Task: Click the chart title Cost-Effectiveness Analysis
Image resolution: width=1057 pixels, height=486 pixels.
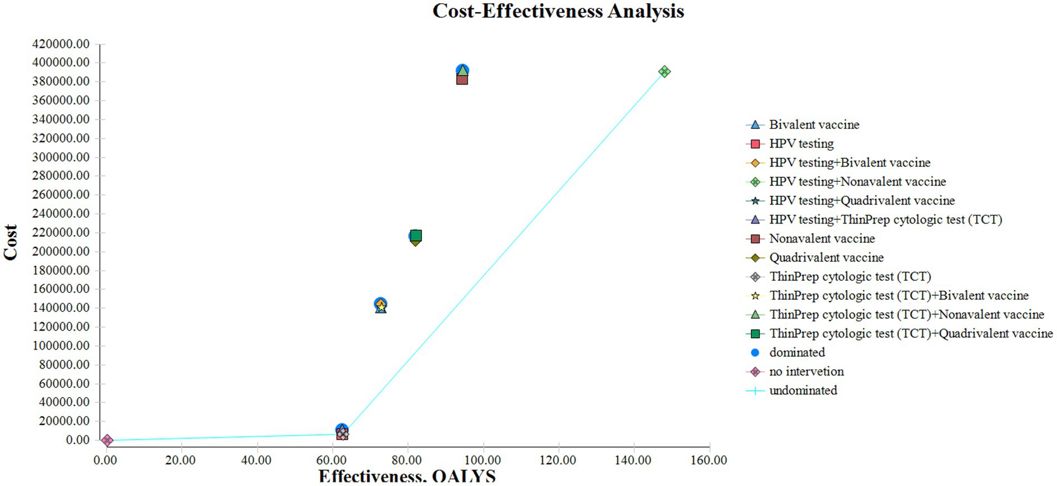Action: pos(558,11)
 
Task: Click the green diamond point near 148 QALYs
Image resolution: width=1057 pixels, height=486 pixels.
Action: pos(664,72)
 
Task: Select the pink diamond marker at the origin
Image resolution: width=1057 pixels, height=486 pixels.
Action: pos(107,440)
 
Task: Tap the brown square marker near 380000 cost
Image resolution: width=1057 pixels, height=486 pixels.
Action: pos(462,80)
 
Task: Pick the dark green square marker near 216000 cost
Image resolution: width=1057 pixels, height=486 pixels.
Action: pos(416,235)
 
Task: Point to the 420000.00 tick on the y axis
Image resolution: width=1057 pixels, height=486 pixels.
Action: pos(61,44)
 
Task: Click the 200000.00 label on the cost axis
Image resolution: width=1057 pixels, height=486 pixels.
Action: pos(61,251)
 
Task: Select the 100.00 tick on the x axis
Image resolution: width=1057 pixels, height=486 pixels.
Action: pos(483,460)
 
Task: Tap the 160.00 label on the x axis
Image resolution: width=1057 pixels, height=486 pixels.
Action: pos(708,460)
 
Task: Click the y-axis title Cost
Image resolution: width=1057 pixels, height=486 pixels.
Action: pos(11,242)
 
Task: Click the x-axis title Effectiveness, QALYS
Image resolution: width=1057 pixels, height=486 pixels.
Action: pos(407,477)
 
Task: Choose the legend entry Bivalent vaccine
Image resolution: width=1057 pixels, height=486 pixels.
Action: pos(814,125)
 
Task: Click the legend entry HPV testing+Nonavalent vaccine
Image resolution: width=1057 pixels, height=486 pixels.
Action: pos(857,182)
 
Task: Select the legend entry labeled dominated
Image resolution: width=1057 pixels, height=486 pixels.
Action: pos(797,353)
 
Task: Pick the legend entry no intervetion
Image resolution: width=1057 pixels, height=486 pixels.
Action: pos(806,371)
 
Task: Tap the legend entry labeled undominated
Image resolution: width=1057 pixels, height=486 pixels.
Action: pos(803,390)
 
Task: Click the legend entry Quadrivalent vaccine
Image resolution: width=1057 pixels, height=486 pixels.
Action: pos(826,257)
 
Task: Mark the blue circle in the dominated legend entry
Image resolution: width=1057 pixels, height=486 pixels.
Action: pos(755,353)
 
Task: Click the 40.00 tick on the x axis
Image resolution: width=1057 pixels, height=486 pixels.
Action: pos(256,460)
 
